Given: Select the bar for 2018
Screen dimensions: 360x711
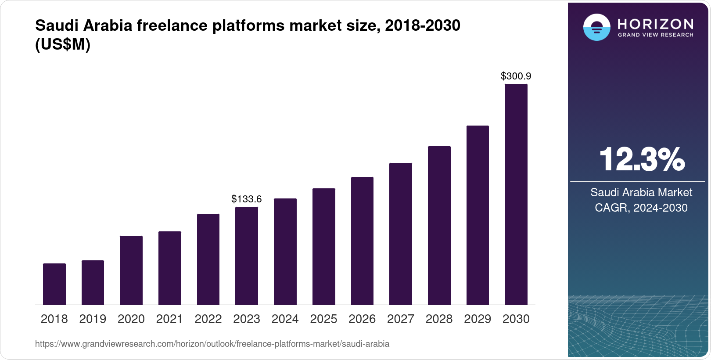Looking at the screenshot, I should [54, 284].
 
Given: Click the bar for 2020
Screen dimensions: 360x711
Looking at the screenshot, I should [131, 270].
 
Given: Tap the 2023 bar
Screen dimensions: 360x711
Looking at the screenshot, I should [247, 256].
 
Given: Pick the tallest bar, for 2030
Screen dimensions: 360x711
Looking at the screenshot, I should [516, 194].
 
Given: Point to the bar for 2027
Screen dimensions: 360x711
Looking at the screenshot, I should [401, 234].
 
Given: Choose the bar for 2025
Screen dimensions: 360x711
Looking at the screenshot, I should [324, 246].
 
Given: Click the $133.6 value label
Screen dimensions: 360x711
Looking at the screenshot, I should [247, 199].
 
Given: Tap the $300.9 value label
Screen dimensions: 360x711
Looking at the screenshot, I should [516, 76].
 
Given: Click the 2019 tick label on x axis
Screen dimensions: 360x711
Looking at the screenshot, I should [93, 319].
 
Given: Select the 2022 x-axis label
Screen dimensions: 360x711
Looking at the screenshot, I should [208, 319].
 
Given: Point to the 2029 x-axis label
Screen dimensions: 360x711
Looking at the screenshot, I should [478, 319].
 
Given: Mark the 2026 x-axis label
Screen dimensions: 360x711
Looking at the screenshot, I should [362, 319].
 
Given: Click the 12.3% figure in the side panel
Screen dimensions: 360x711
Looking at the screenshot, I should [641, 159].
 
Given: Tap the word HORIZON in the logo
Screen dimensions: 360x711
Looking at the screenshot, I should [656, 24].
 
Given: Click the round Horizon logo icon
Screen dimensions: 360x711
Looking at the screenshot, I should [597, 27].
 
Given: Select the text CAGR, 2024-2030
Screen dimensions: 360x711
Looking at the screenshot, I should [641, 208].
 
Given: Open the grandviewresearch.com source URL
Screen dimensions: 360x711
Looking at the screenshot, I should [212, 344].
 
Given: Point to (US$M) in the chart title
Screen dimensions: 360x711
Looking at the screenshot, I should [63, 45].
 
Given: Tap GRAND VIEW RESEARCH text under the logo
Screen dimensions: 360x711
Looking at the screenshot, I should [656, 35].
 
